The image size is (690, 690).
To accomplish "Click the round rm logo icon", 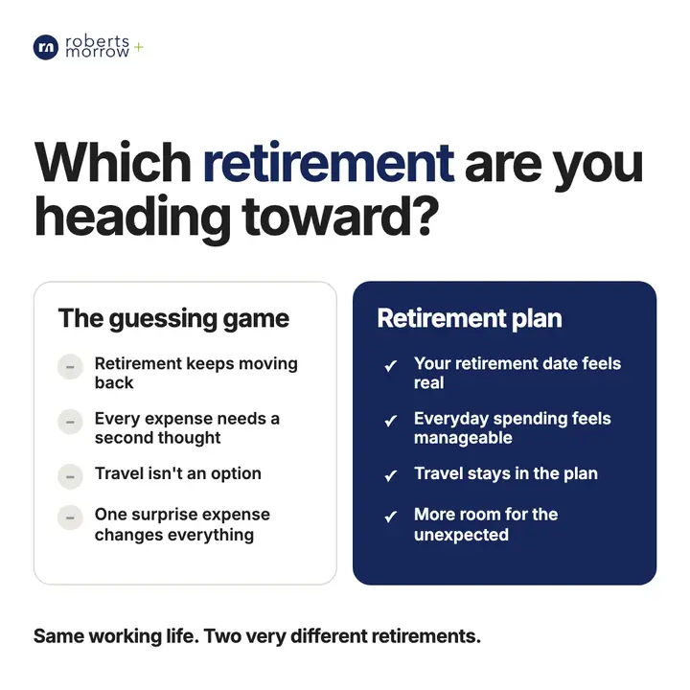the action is tap(46, 47).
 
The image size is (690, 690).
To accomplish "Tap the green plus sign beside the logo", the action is tap(139, 47).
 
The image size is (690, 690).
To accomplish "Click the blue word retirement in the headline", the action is tap(329, 163).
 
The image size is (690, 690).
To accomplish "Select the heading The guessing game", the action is tap(173, 318).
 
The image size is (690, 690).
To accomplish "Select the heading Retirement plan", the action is tap(470, 318).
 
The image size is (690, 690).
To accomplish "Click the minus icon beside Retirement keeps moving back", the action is tap(70, 366).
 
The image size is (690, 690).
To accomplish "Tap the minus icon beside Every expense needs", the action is tap(70, 422).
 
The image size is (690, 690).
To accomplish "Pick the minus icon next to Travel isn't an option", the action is tap(70, 476).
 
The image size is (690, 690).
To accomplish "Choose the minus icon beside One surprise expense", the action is tap(70, 517).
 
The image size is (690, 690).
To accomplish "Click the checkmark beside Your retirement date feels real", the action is tap(390, 366).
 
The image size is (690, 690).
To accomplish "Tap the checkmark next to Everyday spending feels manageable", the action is tap(390, 421).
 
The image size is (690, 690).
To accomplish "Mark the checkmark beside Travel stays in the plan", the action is tap(390, 475).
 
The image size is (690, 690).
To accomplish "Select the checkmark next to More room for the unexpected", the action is tap(390, 517).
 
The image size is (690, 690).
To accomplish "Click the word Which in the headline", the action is tap(113, 162).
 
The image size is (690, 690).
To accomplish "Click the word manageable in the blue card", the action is tap(463, 438).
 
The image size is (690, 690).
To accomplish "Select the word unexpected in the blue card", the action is tap(461, 535).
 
